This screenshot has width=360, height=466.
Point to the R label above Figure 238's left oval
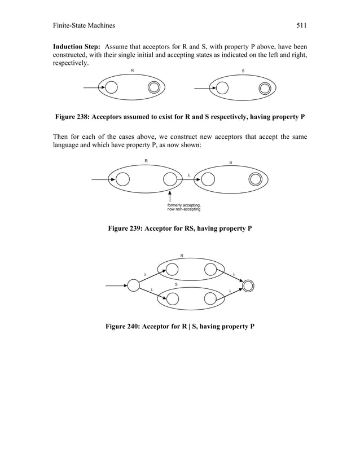[x=132, y=71]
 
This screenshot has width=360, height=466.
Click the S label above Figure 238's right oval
[x=243, y=71]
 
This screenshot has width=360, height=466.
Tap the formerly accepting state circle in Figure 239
[x=170, y=179]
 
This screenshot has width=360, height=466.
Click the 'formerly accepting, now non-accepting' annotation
[x=184, y=207]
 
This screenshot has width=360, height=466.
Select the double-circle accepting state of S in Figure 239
[x=255, y=179]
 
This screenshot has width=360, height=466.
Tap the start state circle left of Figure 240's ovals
[x=133, y=285]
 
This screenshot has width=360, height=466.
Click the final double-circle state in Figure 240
[x=247, y=285]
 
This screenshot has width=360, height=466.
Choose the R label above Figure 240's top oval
[x=181, y=256]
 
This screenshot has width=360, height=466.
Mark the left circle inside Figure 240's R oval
[x=171, y=269]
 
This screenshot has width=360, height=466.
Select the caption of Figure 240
[x=179, y=327]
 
